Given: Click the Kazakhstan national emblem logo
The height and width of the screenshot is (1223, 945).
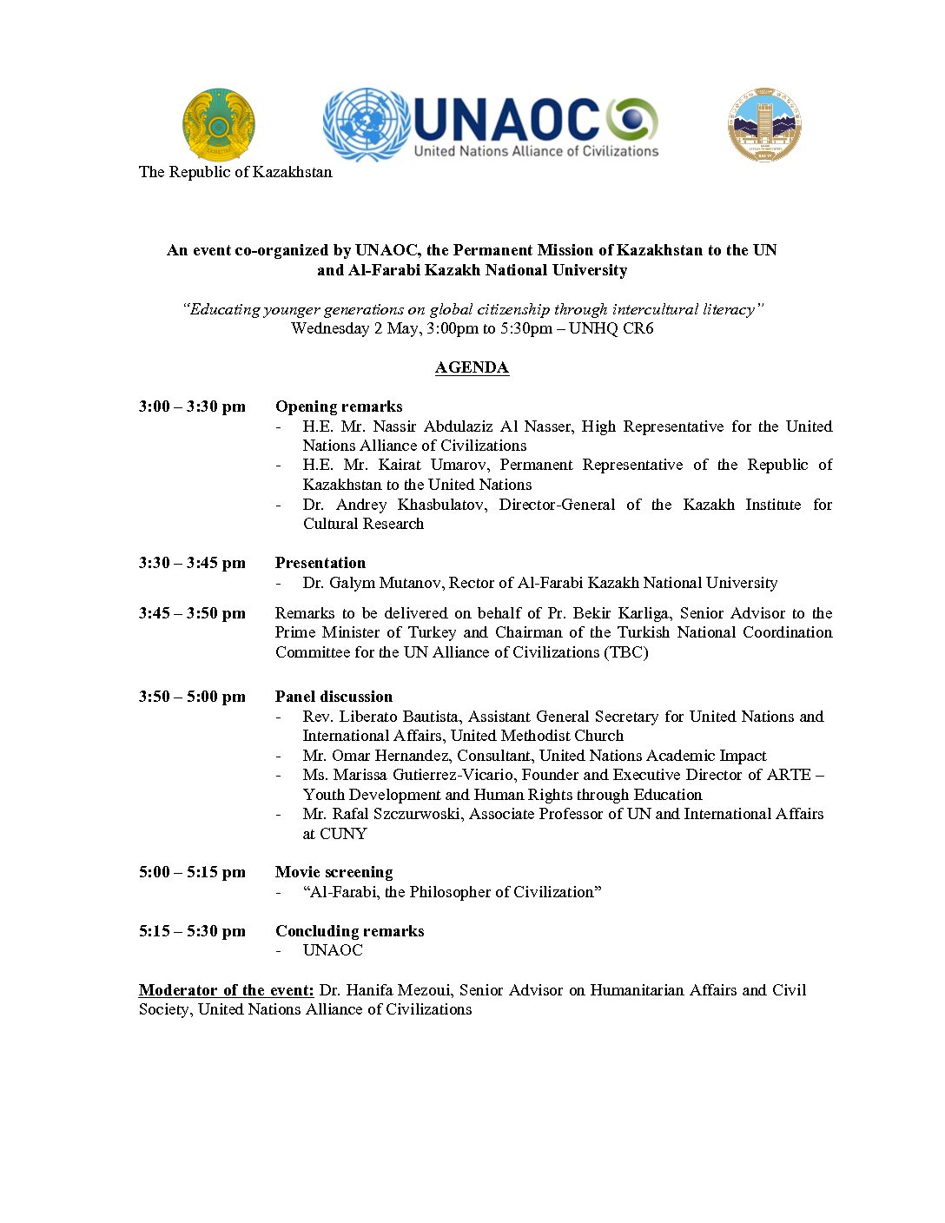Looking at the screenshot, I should pyautogui.click(x=218, y=125).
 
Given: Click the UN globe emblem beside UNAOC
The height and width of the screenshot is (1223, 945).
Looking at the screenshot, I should pyautogui.click(x=366, y=124).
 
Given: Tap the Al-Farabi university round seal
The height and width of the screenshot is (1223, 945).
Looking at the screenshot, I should pyautogui.click(x=764, y=124).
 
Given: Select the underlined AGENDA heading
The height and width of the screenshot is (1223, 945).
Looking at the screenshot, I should pyautogui.click(x=472, y=367).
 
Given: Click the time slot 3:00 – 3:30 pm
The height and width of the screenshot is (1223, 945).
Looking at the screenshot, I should pyautogui.click(x=192, y=407).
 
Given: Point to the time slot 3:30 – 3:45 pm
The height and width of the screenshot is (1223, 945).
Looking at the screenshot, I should pyautogui.click(x=192, y=563).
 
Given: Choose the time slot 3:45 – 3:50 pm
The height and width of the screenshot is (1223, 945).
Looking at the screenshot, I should pyautogui.click(x=192, y=613).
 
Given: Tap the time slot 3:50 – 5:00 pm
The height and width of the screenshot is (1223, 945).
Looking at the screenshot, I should pyautogui.click(x=192, y=697).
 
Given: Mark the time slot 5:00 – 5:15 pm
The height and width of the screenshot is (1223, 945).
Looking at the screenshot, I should pyautogui.click(x=192, y=872).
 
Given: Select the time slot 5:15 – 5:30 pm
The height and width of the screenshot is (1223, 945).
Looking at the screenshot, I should pyautogui.click(x=192, y=931).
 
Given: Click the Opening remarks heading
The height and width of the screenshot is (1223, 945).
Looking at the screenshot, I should pyautogui.click(x=339, y=407).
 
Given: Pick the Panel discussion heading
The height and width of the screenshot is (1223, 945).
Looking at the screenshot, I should pyautogui.click(x=334, y=697).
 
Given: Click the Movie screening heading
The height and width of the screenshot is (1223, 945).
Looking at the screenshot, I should pyautogui.click(x=334, y=872).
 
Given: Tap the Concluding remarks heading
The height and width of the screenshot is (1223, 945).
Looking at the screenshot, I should pyautogui.click(x=349, y=931).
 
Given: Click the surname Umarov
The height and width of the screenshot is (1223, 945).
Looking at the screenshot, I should pyautogui.click(x=458, y=465).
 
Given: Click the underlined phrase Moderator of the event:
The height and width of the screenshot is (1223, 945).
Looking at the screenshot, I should pyautogui.click(x=226, y=990).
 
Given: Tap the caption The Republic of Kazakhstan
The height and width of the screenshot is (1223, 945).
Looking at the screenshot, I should pyautogui.click(x=235, y=172).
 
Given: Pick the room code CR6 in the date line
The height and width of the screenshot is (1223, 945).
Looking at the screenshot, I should pyautogui.click(x=638, y=328).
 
